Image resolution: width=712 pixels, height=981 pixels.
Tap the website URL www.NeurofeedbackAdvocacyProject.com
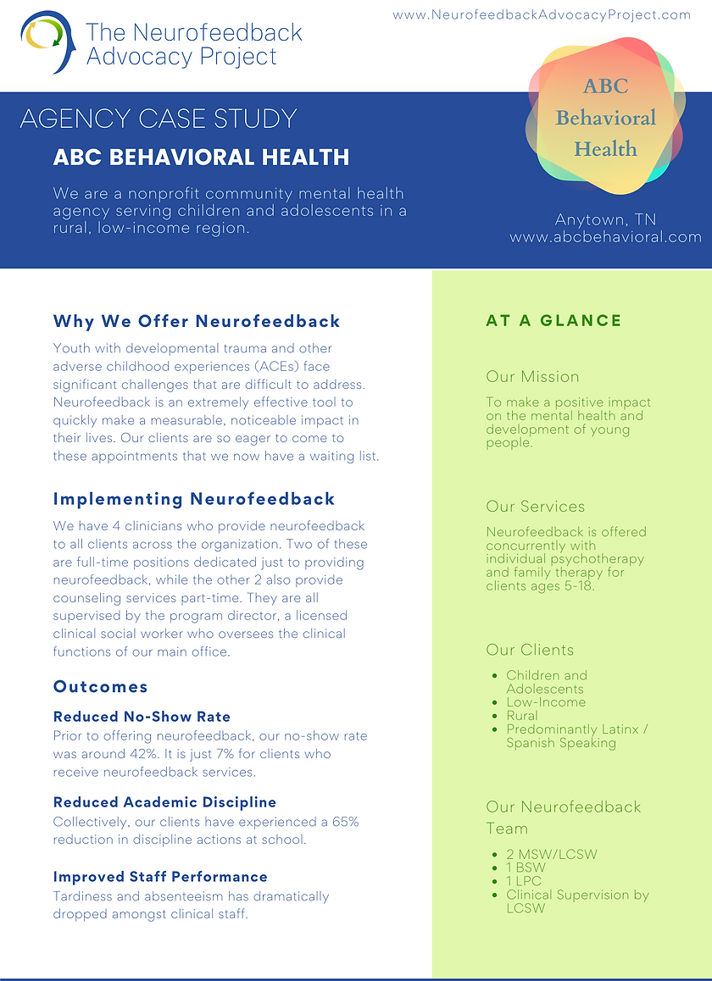pyautogui.click(x=542, y=15)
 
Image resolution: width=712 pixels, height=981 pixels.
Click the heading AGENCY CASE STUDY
pyautogui.click(x=159, y=119)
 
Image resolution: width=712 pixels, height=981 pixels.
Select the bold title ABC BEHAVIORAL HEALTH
pyautogui.click(x=201, y=158)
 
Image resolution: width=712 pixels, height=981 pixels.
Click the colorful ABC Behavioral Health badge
pyautogui.click(x=605, y=117)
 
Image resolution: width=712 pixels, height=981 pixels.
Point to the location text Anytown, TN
pyautogui.click(x=605, y=220)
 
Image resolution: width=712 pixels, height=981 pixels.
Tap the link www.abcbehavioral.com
pyautogui.click(x=605, y=237)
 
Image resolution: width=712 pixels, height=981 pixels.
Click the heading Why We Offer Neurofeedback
pyautogui.click(x=197, y=321)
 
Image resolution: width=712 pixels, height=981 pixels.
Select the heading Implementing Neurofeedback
pyautogui.click(x=194, y=499)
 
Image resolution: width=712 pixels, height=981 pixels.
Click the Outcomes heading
pyautogui.click(x=101, y=686)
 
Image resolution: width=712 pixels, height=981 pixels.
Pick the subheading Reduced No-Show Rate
pyautogui.click(x=142, y=717)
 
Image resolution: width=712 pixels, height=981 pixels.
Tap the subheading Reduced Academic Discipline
pyautogui.click(x=164, y=802)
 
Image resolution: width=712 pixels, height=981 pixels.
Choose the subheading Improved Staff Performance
pyautogui.click(x=160, y=877)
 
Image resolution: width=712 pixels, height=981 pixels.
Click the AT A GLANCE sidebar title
pyautogui.click(x=553, y=320)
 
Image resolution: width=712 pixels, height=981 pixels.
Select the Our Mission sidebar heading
pyautogui.click(x=532, y=377)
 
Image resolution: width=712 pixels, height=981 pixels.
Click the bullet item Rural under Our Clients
pyautogui.click(x=522, y=716)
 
